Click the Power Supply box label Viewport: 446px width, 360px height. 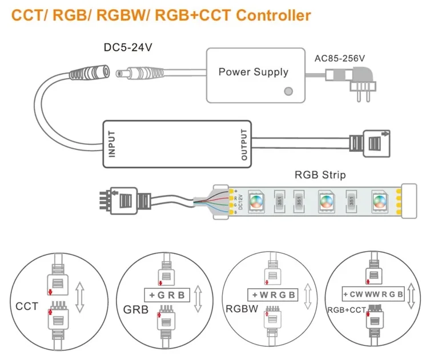coord(253,72)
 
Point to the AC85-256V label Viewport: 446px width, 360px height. coord(340,58)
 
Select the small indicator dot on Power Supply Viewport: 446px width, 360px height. coord(289,91)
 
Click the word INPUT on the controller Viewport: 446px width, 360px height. coord(111,144)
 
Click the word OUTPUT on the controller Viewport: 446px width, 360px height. coord(244,144)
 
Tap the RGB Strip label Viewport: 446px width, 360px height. coord(320,175)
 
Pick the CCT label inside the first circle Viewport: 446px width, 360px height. coord(27,306)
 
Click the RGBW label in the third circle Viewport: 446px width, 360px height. coord(242,310)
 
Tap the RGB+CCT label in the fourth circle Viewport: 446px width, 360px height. coord(345,310)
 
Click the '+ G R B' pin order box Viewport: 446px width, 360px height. coord(167,295)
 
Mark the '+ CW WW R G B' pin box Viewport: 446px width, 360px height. coord(373,294)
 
